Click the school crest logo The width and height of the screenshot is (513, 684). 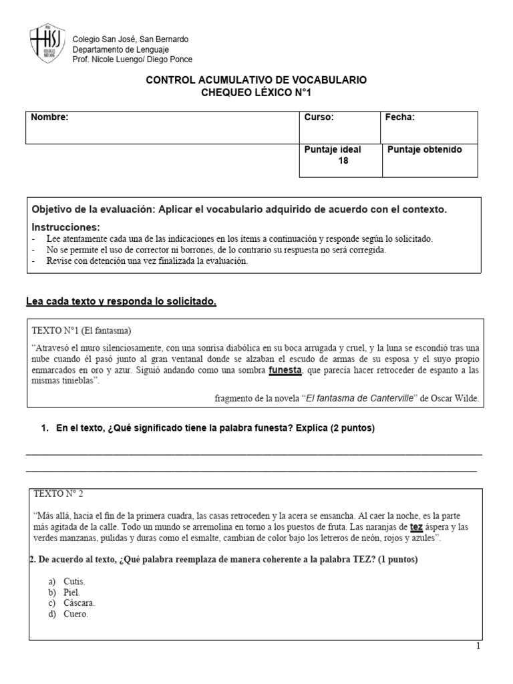(x=47, y=45)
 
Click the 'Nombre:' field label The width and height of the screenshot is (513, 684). (x=50, y=118)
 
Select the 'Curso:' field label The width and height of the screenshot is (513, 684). (x=319, y=118)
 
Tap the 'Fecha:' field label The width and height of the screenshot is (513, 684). (x=399, y=118)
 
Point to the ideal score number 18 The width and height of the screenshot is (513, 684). (x=343, y=161)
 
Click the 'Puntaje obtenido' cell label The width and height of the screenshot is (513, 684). (x=424, y=150)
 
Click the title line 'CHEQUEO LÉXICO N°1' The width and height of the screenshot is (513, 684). (x=256, y=93)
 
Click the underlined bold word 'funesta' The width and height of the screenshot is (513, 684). (x=285, y=369)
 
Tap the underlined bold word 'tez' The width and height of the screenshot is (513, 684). (x=416, y=526)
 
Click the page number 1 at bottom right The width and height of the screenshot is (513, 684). (x=478, y=646)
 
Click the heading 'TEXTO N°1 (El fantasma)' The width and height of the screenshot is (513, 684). (x=81, y=331)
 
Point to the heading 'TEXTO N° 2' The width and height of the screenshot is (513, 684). (x=63, y=494)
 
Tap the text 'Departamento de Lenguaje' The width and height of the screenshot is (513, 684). (x=120, y=49)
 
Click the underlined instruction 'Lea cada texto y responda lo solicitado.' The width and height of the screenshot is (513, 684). (x=120, y=302)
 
